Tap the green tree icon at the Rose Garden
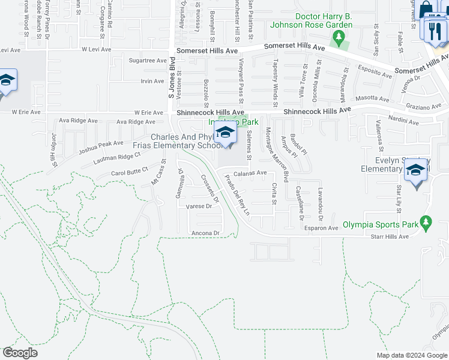pos(340,38)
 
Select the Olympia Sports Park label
pos(380,226)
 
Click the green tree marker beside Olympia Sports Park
pos(426,223)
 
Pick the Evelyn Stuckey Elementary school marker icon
pos(416,170)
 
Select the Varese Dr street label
pos(199,206)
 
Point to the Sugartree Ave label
pos(148,61)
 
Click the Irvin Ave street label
pos(152,81)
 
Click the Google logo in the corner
pos(20,353)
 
